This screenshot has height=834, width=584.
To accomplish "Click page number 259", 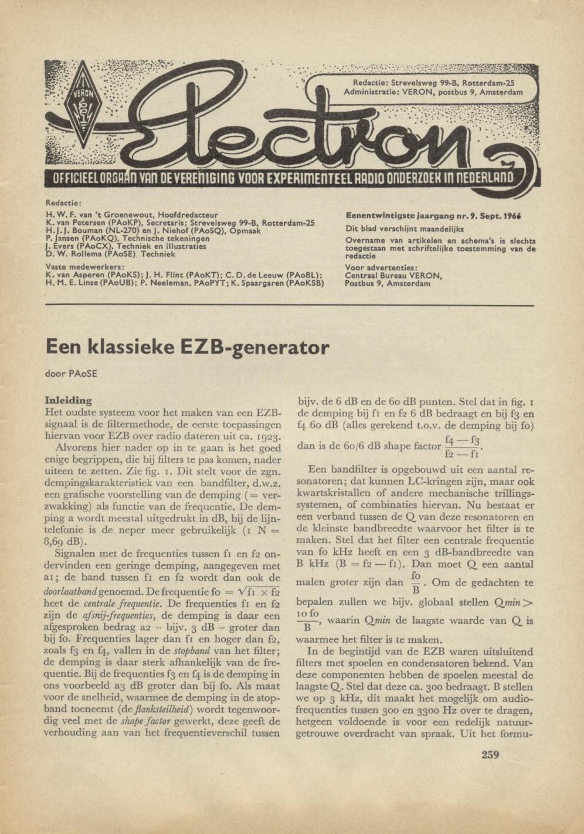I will click(490, 754).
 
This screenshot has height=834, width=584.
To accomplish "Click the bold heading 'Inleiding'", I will click(69, 401).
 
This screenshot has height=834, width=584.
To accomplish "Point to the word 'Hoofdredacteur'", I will click(188, 215).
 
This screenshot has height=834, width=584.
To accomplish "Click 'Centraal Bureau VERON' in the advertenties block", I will click(393, 276).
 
